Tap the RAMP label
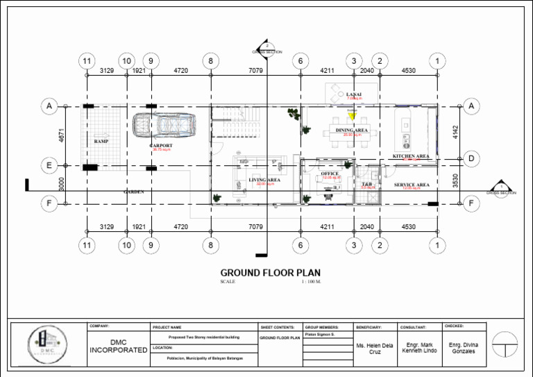point(101,141)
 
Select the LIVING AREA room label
point(264,180)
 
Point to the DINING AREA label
point(352,130)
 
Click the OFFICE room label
point(330,174)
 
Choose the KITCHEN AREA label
point(411,156)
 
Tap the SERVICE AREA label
point(412,185)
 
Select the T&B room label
point(368,184)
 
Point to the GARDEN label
point(133,192)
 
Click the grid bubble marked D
point(471,159)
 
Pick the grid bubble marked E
point(49,165)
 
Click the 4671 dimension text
point(61,135)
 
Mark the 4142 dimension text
point(455,132)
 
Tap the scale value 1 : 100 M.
point(311,282)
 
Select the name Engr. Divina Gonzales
point(464,348)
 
